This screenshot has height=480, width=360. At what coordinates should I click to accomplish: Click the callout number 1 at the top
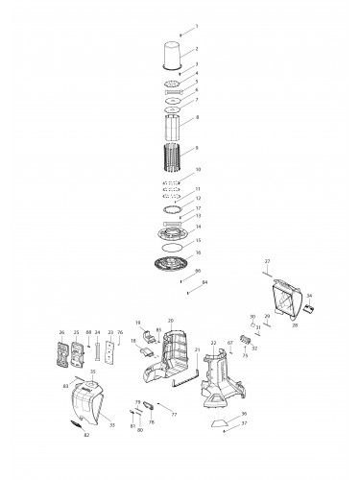pyautogui.click(x=198, y=26)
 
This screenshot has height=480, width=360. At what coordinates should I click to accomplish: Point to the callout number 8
pyautogui.click(x=198, y=118)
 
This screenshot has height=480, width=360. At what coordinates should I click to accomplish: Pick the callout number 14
pyautogui.click(x=198, y=227)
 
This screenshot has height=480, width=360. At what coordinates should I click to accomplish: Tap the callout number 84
pyautogui.click(x=204, y=282)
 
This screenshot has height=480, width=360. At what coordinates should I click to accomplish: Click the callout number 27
pyautogui.click(x=268, y=261)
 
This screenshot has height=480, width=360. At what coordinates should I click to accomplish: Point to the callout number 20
pyautogui.click(x=170, y=321)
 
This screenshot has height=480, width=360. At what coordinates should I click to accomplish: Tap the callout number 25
pyautogui.click(x=76, y=333)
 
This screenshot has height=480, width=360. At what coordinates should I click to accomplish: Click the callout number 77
pyautogui.click(x=174, y=416)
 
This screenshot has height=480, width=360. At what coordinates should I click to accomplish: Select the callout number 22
pyautogui.click(x=212, y=343)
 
